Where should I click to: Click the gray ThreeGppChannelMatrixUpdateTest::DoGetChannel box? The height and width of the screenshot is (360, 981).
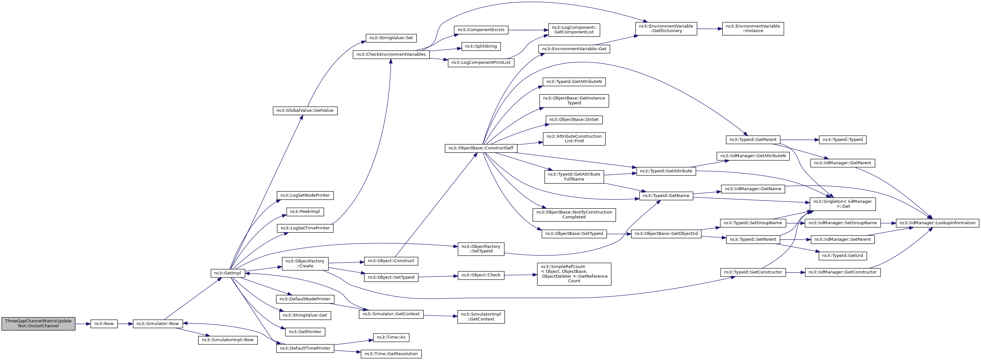38,323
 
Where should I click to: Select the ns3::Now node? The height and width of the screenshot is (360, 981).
104,323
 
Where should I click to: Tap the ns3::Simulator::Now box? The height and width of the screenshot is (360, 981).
158,323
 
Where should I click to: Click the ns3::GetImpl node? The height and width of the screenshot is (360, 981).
228,273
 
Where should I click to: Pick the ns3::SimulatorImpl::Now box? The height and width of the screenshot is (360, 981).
228,340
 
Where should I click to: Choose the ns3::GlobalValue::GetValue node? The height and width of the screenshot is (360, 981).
305,110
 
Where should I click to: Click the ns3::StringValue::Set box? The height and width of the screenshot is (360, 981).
391,38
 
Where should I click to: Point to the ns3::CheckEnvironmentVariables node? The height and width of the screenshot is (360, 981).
391,54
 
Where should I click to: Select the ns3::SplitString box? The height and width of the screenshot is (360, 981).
481,46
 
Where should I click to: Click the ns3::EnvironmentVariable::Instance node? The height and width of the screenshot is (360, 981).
753,29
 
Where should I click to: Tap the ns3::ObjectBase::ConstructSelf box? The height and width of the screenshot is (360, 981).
481,148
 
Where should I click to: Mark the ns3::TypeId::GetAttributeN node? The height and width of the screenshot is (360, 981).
574,82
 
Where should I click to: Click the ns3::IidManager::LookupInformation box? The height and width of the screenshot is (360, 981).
937,223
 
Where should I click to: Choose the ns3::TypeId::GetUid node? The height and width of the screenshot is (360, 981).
842,256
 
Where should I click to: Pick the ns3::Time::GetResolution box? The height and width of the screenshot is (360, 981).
391,354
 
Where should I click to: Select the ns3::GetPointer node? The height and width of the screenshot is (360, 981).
305,332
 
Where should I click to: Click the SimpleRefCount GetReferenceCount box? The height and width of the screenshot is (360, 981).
574,274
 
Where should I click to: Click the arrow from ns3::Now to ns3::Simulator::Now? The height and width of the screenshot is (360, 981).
125,323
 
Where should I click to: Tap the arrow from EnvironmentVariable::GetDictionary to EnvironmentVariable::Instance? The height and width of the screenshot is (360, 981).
709,29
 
